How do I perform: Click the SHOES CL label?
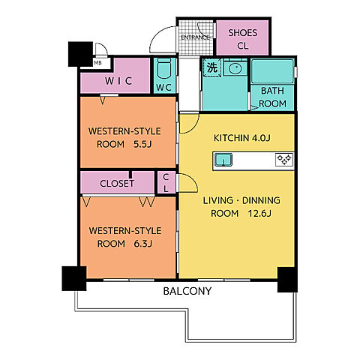click(x=242, y=39)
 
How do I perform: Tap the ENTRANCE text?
click(x=195, y=37)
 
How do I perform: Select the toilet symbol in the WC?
click(x=164, y=68)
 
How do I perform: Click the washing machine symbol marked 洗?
click(x=212, y=67)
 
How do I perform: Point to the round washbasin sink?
click(x=235, y=68)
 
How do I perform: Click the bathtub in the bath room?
click(x=272, y=71)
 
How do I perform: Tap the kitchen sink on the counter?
click(x=223, y=160)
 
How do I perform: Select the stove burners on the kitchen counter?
click(x=284, y=160)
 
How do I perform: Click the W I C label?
click(x=118, y=81)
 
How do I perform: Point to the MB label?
click(x=97, y=63)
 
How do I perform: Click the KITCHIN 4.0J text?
click(x=241, y=138)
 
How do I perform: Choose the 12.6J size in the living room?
click(x=259, y=214)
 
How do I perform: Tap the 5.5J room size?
click(x=142, y=144)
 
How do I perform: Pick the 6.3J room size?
click(x=143, y=244)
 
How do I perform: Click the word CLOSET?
click(x=117, y=184)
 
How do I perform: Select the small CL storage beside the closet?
click(x=166, y=183)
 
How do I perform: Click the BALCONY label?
click(x=187, y=291)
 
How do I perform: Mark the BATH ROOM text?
click(x=272, y=97)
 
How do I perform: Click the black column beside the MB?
click(x=80, y=54)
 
